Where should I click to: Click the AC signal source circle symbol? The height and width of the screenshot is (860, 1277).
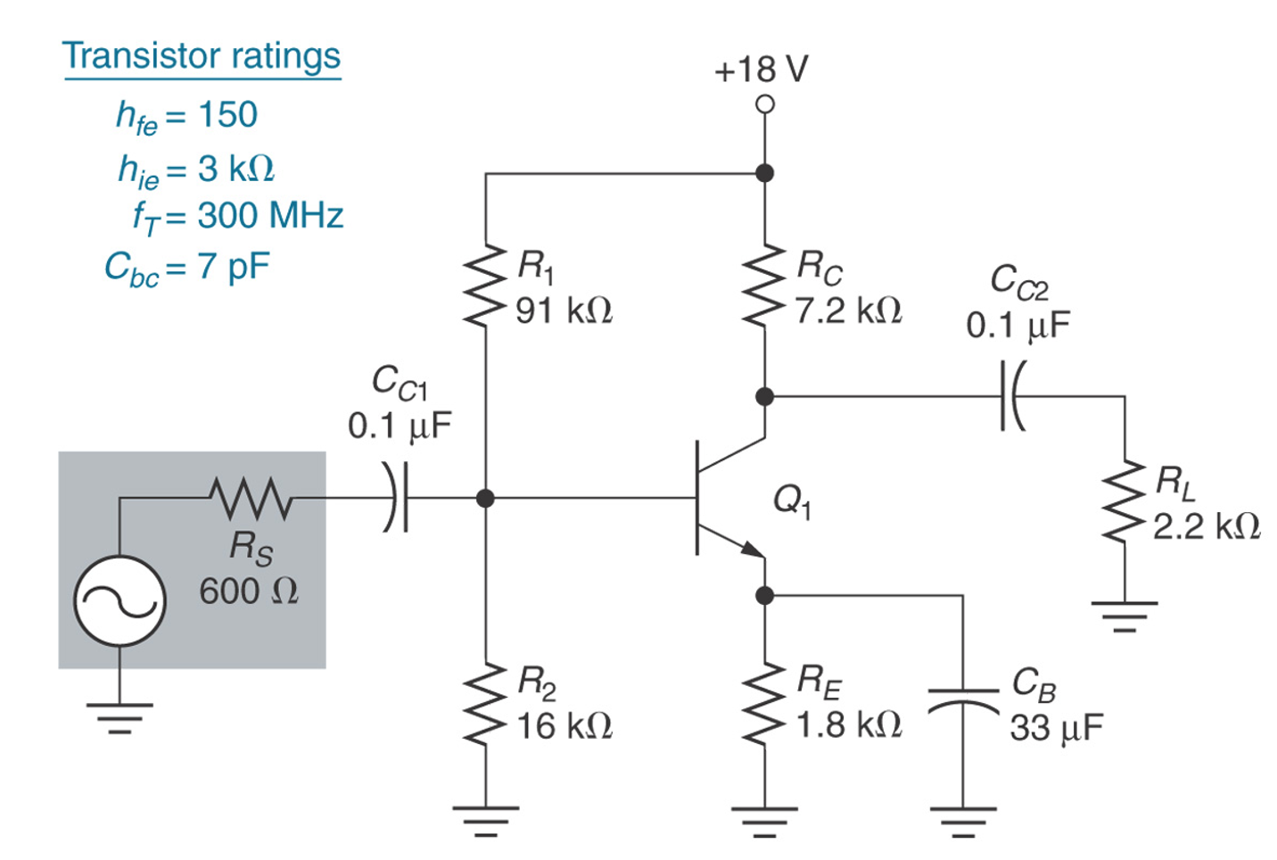point(119,600)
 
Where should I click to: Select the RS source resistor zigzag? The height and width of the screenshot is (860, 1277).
point(251,499)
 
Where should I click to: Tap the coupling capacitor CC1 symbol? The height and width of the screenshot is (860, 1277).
point(396,499)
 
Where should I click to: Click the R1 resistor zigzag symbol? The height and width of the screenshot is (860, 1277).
point(485,284)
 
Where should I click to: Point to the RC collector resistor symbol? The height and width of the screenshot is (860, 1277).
point(764,284)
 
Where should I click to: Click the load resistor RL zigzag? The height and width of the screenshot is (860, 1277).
point(1125,502)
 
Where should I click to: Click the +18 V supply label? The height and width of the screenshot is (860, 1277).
point(761,70)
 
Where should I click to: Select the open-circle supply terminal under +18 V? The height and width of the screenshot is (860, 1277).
point(764,104)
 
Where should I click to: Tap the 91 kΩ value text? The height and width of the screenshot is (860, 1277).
point(564,311)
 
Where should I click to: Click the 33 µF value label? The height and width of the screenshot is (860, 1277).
point(1056,728)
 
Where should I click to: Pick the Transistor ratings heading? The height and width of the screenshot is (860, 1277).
point(202,55)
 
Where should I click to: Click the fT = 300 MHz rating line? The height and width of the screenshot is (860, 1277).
point(237,216)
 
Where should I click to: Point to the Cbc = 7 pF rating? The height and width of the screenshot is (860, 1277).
point(186,267)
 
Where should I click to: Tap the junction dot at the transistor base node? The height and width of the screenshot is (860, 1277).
point(485,499)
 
